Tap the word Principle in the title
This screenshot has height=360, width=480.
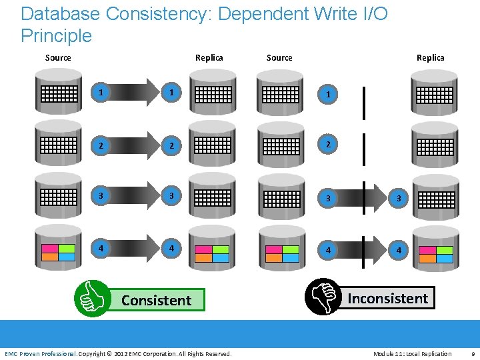[56, 35]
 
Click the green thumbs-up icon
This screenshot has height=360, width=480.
[91, 298]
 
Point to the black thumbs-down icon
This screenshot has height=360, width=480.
[323, 297]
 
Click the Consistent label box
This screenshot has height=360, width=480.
[156, 300]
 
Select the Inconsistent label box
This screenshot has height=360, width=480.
[387, 298]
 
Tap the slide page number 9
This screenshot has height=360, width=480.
[473, 353]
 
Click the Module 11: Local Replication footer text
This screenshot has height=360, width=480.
[412, 353]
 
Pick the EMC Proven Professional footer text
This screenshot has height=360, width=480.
[41, 353]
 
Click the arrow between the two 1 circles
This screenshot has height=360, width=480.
[136, 93]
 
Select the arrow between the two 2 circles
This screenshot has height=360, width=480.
[136, 145]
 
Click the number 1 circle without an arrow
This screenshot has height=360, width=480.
[327, 95]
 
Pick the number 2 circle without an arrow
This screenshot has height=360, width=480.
[327, 145]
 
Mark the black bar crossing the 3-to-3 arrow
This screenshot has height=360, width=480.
[364, 197]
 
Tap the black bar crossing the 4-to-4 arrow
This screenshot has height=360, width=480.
[364, 249]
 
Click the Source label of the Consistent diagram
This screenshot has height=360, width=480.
[58, 58]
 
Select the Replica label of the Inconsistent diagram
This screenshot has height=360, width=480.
[430, 58]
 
